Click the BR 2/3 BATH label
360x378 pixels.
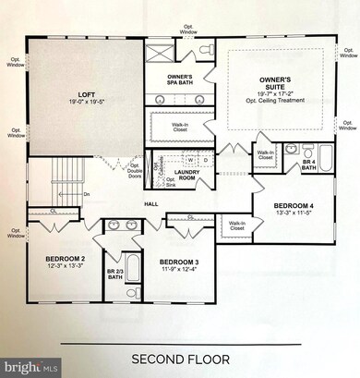(x=115, y=274)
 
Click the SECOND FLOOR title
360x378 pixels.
(x=179, y=358)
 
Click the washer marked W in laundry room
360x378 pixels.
(x=190, y=159)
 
